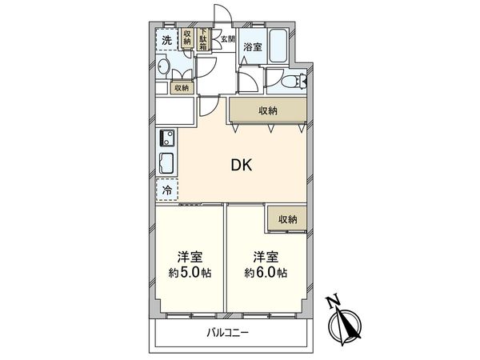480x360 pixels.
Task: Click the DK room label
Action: click(x=242, y=166)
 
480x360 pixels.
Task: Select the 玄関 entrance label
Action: click(x=229, y=38)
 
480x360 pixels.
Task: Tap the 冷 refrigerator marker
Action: click(x=166, y=190)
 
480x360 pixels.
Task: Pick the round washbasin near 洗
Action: click(x=163, y=68)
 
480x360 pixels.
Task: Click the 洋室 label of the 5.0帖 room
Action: click(x=190, y=257)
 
